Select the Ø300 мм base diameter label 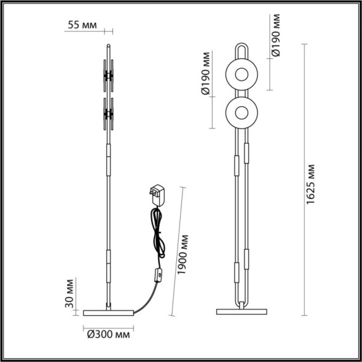108,334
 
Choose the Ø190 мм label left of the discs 207,77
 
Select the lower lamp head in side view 109,113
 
